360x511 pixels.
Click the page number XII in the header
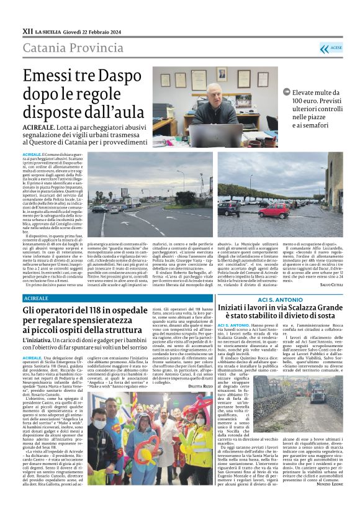tap(27, 30)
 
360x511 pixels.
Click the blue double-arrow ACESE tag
tap(331, 48)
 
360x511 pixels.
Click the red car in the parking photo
tap(273, 210)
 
